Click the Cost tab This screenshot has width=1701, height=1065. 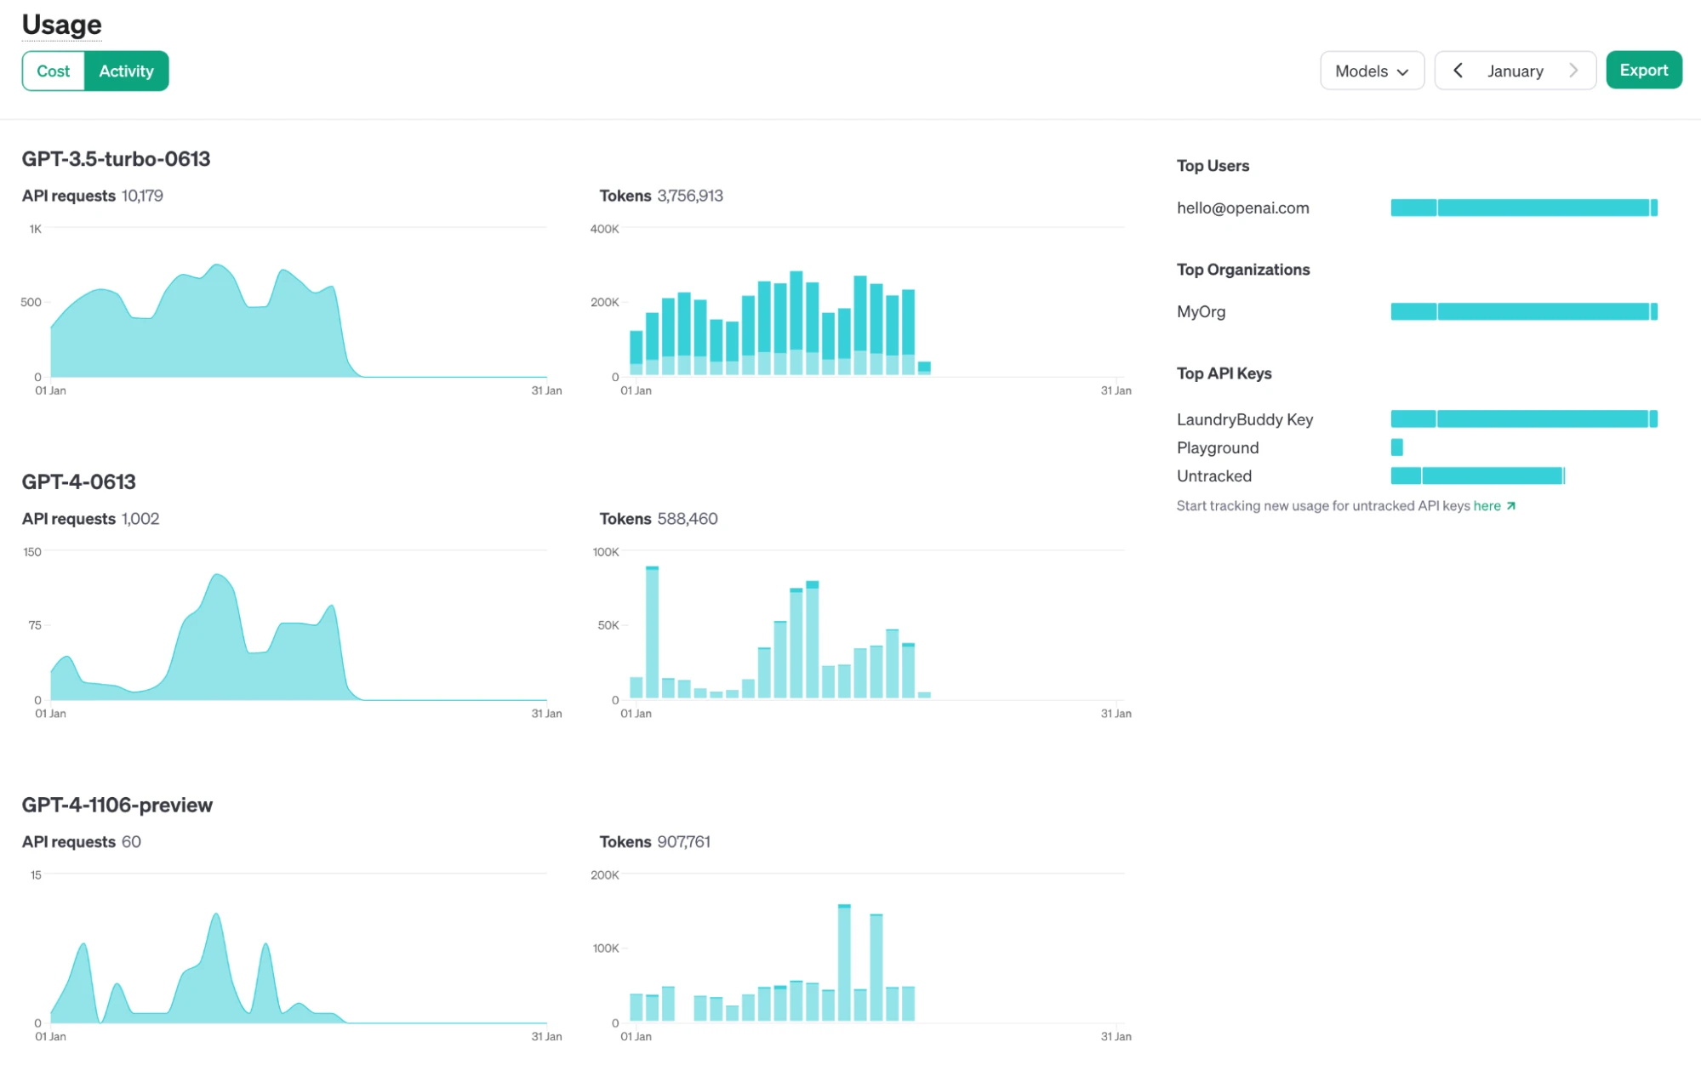point(53,71)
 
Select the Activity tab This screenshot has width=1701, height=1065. point(126,71)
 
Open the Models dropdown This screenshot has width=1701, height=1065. point(1371,71)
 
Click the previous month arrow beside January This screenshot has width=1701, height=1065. point(1458,71)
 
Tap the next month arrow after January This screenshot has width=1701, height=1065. point(1573,71)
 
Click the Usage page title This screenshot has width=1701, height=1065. point(61,25)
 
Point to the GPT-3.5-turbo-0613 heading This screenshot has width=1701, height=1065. point(116,159)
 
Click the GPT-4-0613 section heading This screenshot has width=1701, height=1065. point(78,482)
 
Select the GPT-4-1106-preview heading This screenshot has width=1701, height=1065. point(117,805)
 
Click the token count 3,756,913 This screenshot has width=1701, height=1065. point(689,196)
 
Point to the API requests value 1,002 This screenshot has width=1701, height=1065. point(140,519)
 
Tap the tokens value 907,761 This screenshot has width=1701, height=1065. point(683,842)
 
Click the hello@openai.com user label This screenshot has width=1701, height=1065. point(1242,208)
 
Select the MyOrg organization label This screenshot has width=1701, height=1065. point(1201,312)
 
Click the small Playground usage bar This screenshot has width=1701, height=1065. point(1396,447)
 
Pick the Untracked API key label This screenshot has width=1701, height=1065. point(1213,476)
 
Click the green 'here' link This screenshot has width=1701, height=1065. point(1487,506)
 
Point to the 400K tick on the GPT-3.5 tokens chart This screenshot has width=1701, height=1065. point(604,230)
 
